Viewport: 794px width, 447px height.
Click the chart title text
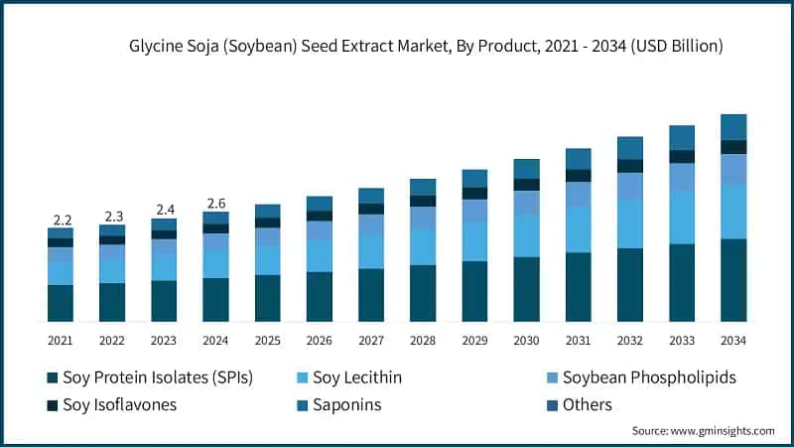(425, 46)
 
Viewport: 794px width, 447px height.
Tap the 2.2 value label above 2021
(62, 220)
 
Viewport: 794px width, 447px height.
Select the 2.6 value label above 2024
(215, 204)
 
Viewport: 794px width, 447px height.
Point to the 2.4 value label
(164, 210)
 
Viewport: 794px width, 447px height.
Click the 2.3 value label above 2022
(112, 216)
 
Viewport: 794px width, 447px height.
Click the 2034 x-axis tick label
(732, 341)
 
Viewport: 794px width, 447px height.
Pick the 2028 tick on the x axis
(422, 341)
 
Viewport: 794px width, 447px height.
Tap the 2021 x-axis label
(62, 341)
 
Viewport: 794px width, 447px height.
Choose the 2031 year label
(578, 341)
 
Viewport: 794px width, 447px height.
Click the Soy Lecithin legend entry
(356, 377)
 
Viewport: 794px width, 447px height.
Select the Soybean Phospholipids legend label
(648, 377)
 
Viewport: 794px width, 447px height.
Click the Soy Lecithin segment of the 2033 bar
(681, 218)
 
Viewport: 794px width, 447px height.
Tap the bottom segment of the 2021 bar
(62, 303)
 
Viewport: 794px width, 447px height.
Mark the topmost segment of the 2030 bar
(526, 169)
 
